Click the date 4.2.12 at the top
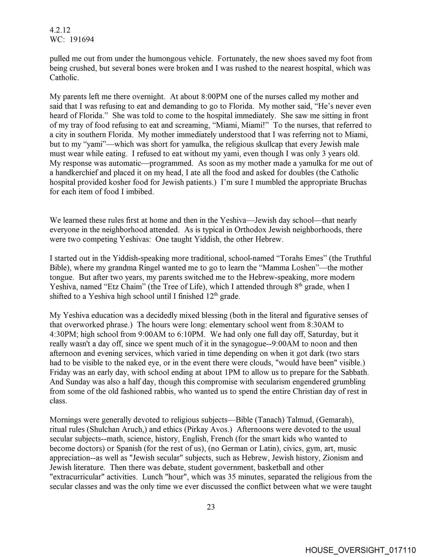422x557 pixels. tap(60, 30)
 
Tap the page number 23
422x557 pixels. tap(211, 507)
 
